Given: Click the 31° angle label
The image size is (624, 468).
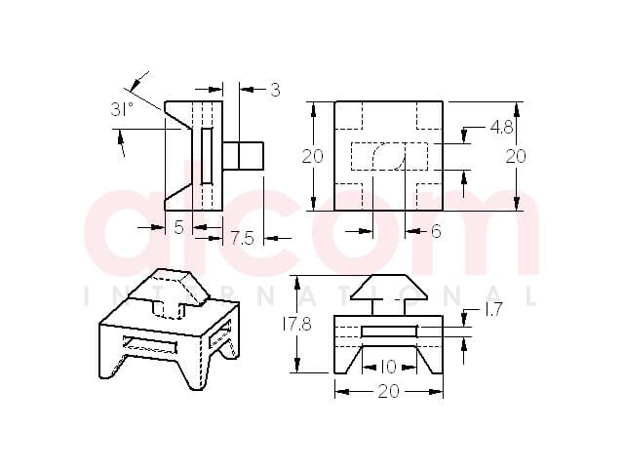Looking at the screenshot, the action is tap(122, 109).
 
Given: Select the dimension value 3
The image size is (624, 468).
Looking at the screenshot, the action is tap(275, 90).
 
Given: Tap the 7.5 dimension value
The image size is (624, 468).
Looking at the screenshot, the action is tap(242, 238).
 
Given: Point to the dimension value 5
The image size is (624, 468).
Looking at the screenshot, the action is tap(179, 227).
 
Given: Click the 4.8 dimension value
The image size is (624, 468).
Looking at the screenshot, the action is tap(502, 128).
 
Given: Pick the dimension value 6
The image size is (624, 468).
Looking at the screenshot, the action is tap(436, 231).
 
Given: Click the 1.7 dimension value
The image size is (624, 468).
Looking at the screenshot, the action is tap(494, 310).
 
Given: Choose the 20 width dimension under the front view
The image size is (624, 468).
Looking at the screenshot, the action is tap(388, 392).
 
